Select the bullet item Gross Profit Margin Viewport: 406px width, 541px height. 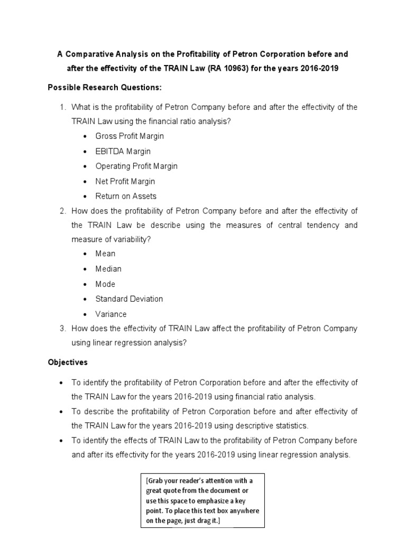(x=130, y=136)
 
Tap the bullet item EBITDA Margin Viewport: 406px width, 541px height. (x=123, y=151)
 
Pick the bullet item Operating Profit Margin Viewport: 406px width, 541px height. (x=136, y=166)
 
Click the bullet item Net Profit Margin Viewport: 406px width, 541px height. (x=125, y=181)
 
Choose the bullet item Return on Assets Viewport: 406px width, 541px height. (x=126, y=196)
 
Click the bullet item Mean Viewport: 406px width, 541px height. (x=105, y=254)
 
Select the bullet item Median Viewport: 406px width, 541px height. (x=108, y=269)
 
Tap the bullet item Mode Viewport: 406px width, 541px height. (x=105, y=284)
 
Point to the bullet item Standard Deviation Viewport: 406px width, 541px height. (x=129, y=299)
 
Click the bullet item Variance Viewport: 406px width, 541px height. (x=111, y=314)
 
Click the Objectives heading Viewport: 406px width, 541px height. (x=68, y=362)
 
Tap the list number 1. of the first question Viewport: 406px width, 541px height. (x=62, y=107)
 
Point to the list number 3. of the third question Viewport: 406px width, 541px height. (x=62, y=329)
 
